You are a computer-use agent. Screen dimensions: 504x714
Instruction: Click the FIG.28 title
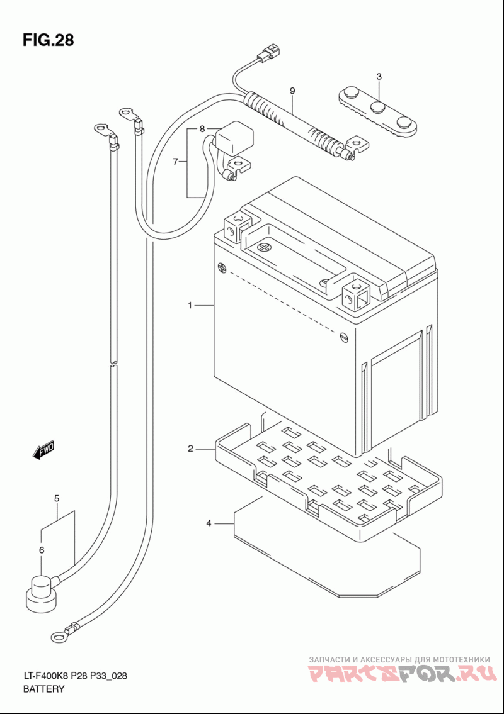click(48, 40)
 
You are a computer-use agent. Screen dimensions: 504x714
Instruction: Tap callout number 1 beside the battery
click(190, 306)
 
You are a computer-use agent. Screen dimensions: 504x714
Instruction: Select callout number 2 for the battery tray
click(190, 449)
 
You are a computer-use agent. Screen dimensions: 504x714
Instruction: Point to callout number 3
click(379, 77)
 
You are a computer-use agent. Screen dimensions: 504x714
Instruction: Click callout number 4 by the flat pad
click(209, 523)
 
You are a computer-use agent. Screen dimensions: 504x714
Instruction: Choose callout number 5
click(57, 499)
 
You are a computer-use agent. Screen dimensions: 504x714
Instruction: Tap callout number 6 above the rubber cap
click(42, 550)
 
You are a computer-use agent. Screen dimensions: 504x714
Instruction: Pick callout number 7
click(176, 161)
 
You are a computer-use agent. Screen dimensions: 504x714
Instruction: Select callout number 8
click(202, 129)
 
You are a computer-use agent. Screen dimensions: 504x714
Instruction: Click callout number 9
click(292, 91)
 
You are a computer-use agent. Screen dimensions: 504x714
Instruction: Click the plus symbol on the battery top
click(264, 248)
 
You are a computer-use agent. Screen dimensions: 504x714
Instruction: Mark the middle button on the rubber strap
click(378, 108)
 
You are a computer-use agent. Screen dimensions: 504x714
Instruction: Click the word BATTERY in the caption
click(44, 688)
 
